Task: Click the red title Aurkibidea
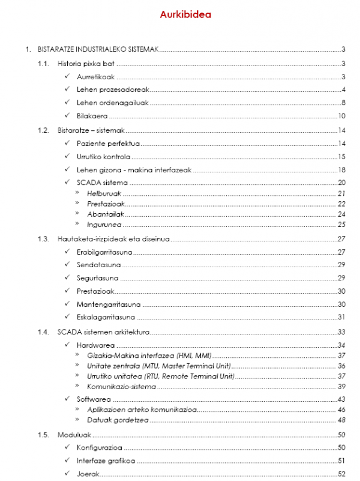pos(185,15)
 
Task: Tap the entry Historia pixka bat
pos(86,64)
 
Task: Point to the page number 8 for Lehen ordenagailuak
pos(343,103)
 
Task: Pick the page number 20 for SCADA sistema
pos(342,183)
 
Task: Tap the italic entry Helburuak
pos(104,193)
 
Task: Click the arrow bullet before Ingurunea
pos(77,225)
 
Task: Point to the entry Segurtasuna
pos(97,278)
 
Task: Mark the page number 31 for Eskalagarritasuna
pos(342,317)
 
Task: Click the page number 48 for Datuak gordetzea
pos(342,420)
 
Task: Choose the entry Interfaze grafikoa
pos(106,461)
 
